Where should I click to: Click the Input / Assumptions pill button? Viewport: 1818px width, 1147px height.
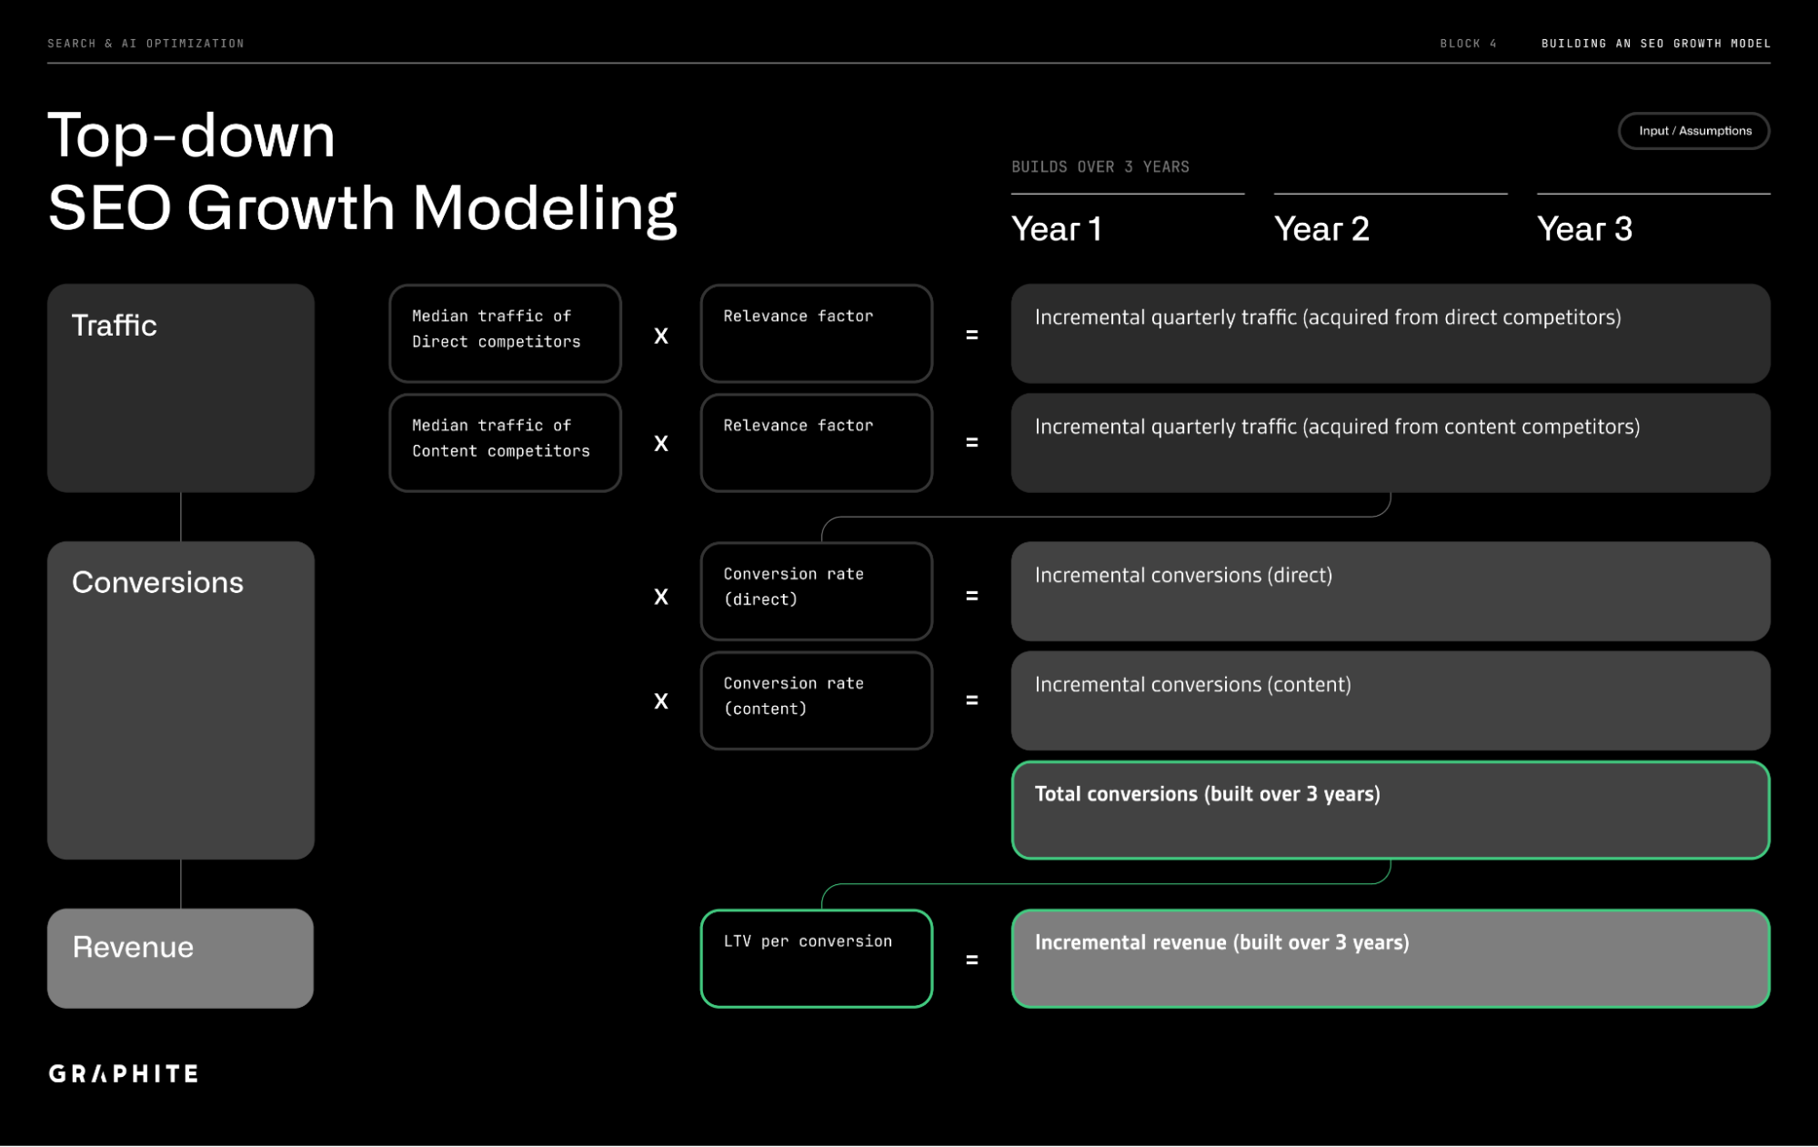point(1693,131)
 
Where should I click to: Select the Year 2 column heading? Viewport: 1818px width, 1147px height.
point(1321,229)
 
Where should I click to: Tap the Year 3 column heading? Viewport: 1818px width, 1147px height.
point(1584,229)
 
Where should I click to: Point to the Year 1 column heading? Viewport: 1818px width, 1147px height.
point(1057,229)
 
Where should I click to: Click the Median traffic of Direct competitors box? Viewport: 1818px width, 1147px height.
point(505,333)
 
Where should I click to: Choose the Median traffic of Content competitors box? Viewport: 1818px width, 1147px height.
point(505,442)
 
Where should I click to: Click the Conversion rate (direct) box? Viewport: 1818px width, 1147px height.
point(816,591)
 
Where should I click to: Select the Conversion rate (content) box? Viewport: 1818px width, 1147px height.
point(816,700)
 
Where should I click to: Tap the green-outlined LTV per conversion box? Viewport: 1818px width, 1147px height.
point(816,958)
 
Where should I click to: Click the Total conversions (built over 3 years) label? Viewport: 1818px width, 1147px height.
point(1207,794)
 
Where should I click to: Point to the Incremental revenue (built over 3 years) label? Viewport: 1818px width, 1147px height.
point(1221,942)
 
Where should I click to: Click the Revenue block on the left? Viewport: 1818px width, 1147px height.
point(180,958)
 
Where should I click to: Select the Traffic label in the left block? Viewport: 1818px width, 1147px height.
point(115,326)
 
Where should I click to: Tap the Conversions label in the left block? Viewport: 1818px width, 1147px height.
point(157,583)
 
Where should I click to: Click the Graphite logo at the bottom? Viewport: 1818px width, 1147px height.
point(124,1073)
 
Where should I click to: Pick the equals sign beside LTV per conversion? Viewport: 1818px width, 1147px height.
point(971,960)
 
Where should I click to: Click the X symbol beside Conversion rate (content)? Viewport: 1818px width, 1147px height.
point(661,701)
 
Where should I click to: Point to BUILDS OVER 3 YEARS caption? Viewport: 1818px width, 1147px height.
point(1100,167)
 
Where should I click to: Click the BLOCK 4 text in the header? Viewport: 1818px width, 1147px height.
point(1467,44)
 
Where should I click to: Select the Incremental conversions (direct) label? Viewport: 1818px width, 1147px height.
point(1183,576)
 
